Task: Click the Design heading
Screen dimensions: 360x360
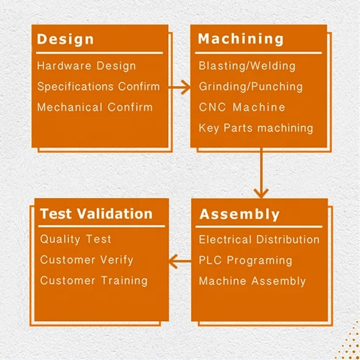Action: (x=65, y=39)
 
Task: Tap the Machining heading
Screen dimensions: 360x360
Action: (x=241, y=39)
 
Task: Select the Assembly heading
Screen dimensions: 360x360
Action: (x=240, y=214)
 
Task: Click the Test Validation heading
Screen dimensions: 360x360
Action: (x=96, y=214)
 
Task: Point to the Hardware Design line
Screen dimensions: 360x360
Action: (x=86, y=66)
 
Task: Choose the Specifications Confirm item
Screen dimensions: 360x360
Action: (x=98, y=87)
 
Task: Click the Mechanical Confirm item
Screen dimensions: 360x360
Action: (x=95, y=108)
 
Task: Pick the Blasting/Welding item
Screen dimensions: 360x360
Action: (x=247, y=66)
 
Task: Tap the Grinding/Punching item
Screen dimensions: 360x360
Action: (x=251, y=87)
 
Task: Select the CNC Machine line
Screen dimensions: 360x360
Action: (x=242, y=108)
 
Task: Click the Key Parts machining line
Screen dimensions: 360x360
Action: (x=256, y=128)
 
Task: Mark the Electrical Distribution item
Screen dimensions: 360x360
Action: (x=259, y=240)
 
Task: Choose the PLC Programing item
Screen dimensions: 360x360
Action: (x=245, y=260)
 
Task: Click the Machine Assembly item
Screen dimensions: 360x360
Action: (x=252, y=281)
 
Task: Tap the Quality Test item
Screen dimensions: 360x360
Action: (x=75, y=240)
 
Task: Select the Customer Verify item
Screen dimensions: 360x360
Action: (x=86, y=260)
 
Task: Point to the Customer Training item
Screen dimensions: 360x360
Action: (x=94, y=281)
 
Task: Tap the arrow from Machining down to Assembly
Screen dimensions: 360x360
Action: (x=261, y=173)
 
